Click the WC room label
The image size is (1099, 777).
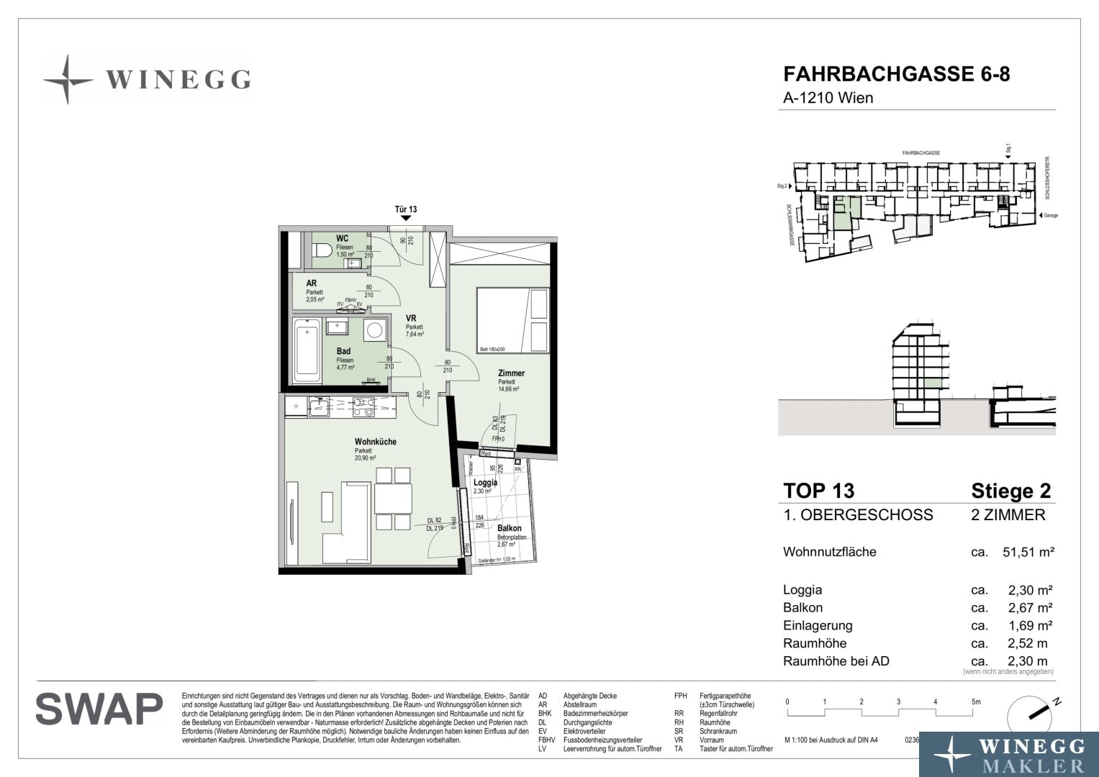[x=343, y=238]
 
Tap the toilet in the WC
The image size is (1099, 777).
[x=322, y=250]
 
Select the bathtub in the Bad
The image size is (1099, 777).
[x=307, y=352]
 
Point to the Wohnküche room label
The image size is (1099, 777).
[x=375, y=442]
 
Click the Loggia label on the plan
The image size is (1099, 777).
[x=485, y=483]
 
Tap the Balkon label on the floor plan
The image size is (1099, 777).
[x=510, y=528]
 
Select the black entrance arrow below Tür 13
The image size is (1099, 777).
[x=406, y=218]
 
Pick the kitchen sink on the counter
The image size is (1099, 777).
[x=319, y=408]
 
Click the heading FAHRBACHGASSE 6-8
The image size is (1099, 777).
[x=896, y=75]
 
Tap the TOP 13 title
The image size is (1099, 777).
[x=818, y=491]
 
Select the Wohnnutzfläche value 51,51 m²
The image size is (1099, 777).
[x=1028, y=553]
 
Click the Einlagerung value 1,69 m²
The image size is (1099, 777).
[x=1031, y=625]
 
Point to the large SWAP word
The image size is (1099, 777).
[x=99, y=709]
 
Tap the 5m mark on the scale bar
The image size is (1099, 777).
[x=975, y=702]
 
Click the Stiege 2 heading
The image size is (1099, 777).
[x=1010, y=491]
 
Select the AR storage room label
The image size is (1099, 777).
[x=312, y=283]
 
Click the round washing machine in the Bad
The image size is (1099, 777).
[x=374, y=331]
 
